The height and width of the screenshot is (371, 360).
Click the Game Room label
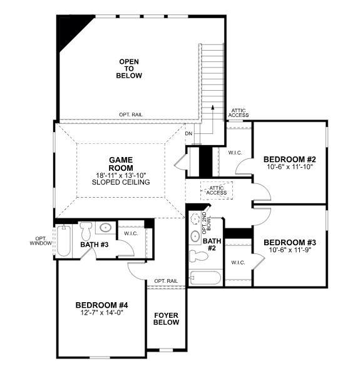pos(121,164)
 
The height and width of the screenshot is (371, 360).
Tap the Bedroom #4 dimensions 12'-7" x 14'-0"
pos(102,313)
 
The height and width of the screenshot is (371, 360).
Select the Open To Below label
pos(129,69)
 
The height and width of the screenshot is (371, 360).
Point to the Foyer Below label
pos(167,318)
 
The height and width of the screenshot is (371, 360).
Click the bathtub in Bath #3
pos(64,241)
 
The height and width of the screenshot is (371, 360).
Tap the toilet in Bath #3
pos(86,231)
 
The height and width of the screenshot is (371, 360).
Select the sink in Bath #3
pos(105,228)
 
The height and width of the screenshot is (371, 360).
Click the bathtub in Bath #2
pos(205,278)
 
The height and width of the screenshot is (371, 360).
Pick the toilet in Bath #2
pos(198,256)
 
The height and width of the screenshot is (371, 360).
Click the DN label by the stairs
pos(188,134)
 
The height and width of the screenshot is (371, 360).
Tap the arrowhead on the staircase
pos(213,107)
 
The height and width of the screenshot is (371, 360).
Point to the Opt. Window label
pos(41,241)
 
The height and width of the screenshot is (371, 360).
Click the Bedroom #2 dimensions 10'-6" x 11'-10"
pos(290,167)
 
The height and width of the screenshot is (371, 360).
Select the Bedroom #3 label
pos(290,243)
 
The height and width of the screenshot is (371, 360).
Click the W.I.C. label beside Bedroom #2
pos(235,153)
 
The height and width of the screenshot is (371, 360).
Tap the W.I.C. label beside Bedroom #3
pos(238,263)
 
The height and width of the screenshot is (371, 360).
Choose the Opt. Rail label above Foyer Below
pos(166,281)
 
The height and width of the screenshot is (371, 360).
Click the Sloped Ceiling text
pos(121,182)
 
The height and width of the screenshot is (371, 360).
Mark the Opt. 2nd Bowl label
pos(206,223)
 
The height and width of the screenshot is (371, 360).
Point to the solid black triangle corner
pos(71,28)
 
